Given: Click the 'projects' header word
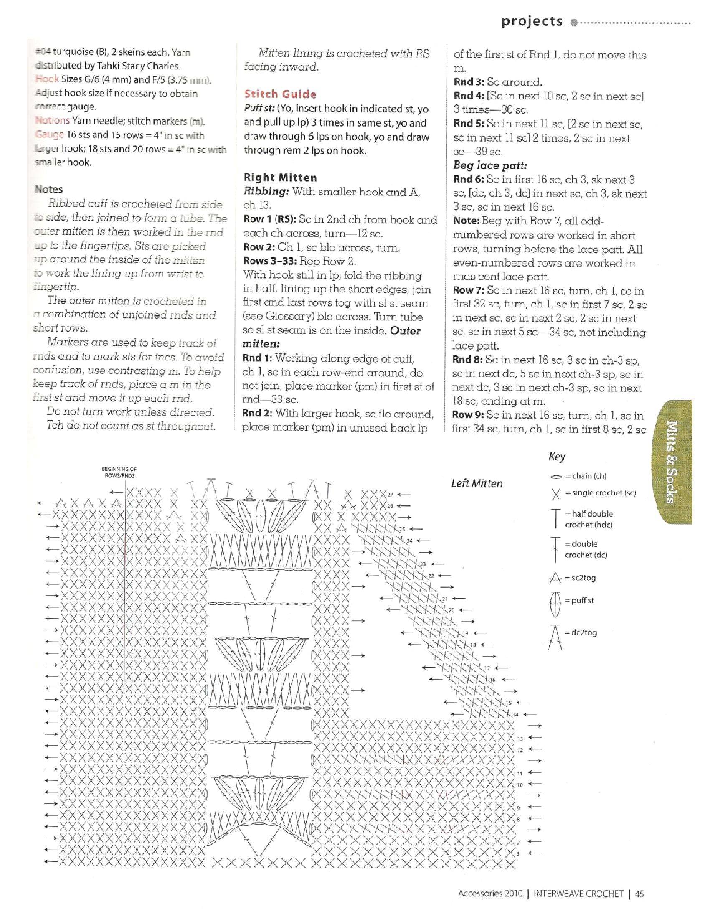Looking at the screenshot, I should pyautogui.click(x=532, y=22).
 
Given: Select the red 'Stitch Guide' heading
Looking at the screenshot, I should pyautogui.click(x=280, y=94).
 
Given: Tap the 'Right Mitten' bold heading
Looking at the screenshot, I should pyautogui.click(x=281, y=178).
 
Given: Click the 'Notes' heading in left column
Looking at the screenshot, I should pyautogui.click(x=49, y=189).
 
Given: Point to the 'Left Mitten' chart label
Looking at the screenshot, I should pyautogui.click(x=477, y=483).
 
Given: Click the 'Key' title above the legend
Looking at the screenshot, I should pyautogui.click(x=557, y=457).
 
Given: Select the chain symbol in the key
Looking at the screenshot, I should pyautogui.click(x=556, y=477).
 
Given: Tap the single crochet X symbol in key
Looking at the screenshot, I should pyautogui.click(x=556, y=494).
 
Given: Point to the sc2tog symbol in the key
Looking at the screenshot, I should pyautogui.click(x=555, y=579).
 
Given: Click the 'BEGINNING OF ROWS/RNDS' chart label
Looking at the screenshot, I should pyautogui.click(x=119, y=472).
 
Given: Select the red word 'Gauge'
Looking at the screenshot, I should pyautogui.click(x=50, y=135).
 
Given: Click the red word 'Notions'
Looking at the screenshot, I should pyautogui.click(x=52, y=121).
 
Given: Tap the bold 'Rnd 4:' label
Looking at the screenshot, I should pyautogui.click(x=468, y=96).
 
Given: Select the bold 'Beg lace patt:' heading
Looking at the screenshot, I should pyautogui.click(x=490, y=165).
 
